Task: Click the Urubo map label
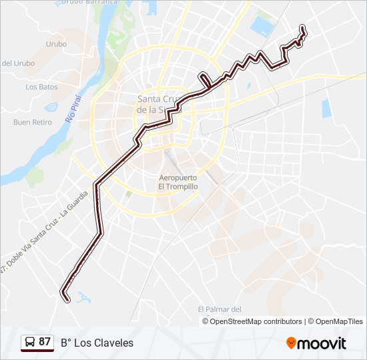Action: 57,44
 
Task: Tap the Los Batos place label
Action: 41,87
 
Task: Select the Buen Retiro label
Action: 33,122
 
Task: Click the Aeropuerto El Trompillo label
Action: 178,182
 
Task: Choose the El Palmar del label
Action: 219,309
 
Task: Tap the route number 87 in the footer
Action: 45,342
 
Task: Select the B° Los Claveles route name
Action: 97,343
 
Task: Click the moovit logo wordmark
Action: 322,343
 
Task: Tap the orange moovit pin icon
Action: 291,343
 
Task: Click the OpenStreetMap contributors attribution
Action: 256,321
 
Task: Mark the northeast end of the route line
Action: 303,27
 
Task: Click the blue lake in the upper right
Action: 261,26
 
